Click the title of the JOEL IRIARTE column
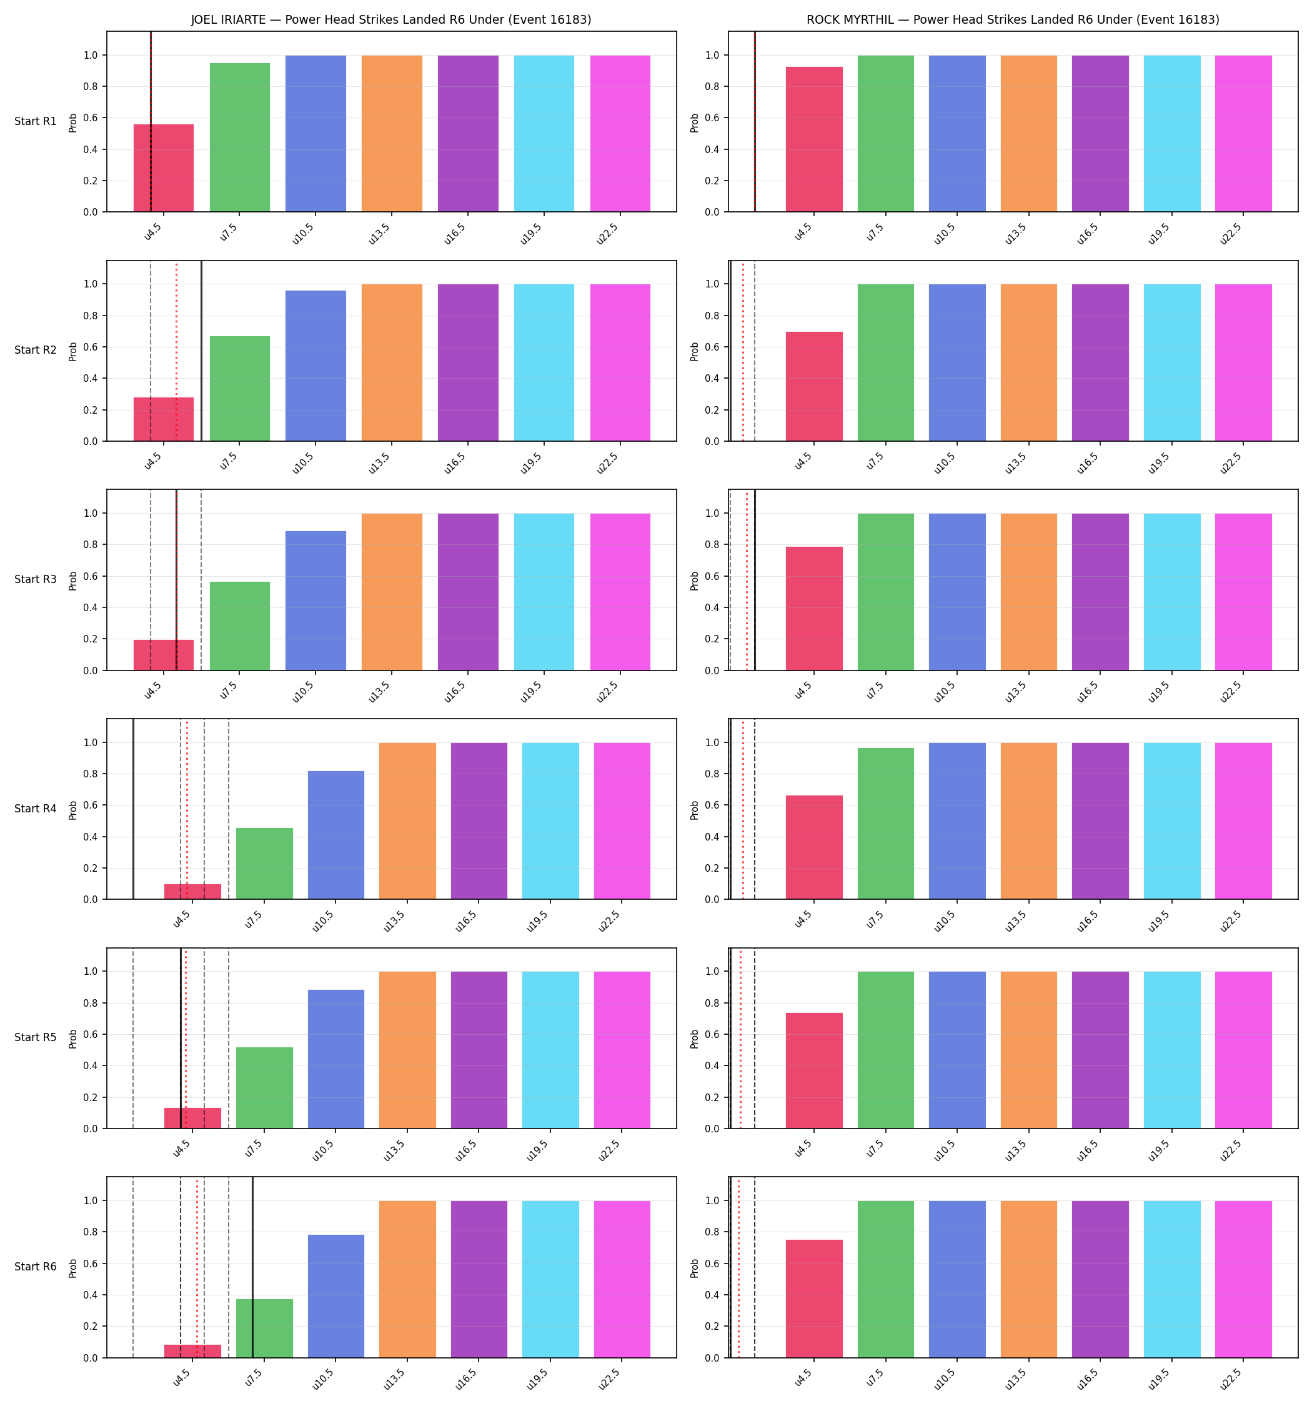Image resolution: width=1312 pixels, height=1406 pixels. click(391, 20)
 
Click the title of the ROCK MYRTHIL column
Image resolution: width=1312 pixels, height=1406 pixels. click(1013, 20)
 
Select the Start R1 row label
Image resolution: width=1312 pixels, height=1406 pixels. click(36, 121)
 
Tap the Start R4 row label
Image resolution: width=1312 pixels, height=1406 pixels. click(36, 809)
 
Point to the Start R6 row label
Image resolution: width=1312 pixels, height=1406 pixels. click(36, 1266)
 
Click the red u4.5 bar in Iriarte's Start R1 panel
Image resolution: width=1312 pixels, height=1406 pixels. click(164, 168)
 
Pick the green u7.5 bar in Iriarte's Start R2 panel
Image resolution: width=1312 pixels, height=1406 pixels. click(240, 388)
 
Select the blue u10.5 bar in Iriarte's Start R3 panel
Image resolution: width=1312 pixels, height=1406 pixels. click(316, 601)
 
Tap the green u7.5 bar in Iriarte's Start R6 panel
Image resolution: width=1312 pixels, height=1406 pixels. click(264, 1329)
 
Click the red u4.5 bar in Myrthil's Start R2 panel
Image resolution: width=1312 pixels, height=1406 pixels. click(814, 386)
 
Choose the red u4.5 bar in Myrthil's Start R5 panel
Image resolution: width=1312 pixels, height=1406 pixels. click(814, 1071)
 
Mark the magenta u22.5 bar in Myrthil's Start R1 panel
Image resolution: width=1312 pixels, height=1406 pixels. click(1243, 134)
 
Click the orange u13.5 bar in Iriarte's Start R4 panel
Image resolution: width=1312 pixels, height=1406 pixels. click(407, 821)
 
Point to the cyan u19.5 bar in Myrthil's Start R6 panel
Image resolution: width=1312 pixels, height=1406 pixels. click(1172, 1279)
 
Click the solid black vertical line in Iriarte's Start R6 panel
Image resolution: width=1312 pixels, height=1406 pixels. click(252, 1267)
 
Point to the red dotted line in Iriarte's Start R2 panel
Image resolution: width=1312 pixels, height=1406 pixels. click(177, 351)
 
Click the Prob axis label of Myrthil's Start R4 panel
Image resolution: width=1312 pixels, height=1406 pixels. click(695, 810)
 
